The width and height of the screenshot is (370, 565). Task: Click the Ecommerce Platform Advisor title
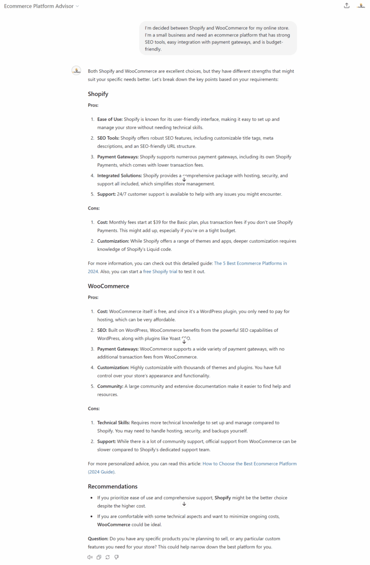point(39,6)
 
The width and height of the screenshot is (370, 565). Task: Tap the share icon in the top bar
point(346,6)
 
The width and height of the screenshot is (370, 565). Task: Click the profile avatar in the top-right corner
point(361,6)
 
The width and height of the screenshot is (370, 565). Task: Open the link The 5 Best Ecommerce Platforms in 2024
point(251,263)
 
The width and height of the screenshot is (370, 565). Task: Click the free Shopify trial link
point(160,272)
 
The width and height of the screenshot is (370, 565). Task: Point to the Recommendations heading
point(112,486)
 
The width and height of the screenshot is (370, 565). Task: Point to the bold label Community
point(110,386)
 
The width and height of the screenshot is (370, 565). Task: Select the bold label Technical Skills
point(113,423)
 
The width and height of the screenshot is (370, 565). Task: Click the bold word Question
point(98,539)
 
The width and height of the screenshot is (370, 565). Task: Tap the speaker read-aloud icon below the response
point(90,557)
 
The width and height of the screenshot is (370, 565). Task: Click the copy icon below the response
point(99,557)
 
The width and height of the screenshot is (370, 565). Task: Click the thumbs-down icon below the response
point(117,557)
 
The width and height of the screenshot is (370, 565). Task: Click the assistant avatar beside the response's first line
point(76,71)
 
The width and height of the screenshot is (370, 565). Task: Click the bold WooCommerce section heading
point(108,286)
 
